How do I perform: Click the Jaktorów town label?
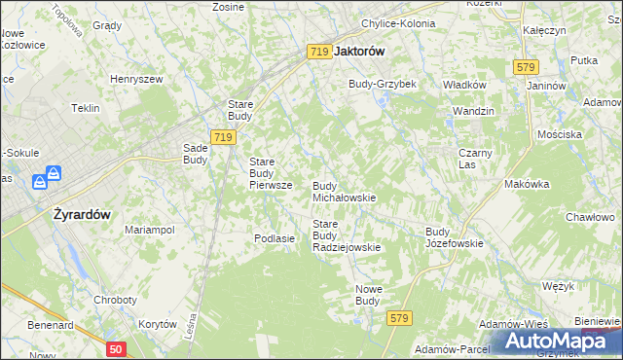tap(359, 52)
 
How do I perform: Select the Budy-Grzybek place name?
tap(383, 84)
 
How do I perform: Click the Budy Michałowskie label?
tap(344, 191)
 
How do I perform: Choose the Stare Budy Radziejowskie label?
tap(346, 235)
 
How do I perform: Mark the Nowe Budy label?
tap(367, 295)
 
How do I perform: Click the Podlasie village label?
tap(274, 238)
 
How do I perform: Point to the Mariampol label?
tap(149, 230)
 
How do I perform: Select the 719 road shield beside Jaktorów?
tap(317, 52)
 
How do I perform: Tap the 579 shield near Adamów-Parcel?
tap(397, 318)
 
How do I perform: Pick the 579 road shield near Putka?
tap(526, 66)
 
